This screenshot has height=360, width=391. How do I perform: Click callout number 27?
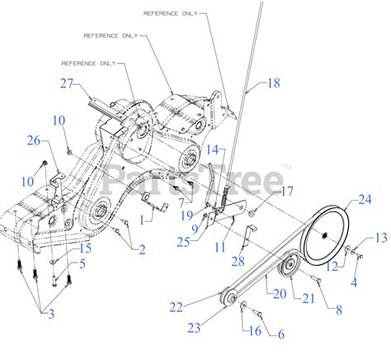click(x=67, y=83)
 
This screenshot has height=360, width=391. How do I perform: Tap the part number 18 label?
click(x=274, y=83)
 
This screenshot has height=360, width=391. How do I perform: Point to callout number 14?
click(x=213, y=149)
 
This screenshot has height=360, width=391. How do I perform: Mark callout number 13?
click(x=379, y=238)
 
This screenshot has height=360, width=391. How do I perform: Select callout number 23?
click(x=193, y=327)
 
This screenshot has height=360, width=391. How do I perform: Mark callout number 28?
click(x=238, y=262)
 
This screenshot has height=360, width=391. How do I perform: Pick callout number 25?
click(x=182, y=241)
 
